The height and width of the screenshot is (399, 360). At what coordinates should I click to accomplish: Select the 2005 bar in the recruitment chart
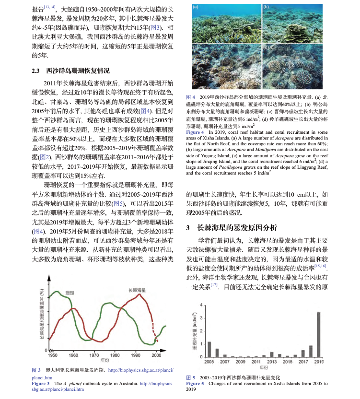point(209,349)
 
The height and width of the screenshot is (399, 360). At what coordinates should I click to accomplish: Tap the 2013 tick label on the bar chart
point(271,361)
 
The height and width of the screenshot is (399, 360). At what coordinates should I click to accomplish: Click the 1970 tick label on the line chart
point(94,355)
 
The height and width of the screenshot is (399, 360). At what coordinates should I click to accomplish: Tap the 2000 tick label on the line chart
point(156,355)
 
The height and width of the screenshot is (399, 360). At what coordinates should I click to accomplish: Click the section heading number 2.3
point(35,71)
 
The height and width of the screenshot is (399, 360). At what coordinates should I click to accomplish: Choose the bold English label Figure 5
point(195,384)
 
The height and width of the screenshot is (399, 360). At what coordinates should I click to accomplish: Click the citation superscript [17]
point(213,284)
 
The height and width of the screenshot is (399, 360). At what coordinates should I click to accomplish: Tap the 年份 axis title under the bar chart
point(264,367)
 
